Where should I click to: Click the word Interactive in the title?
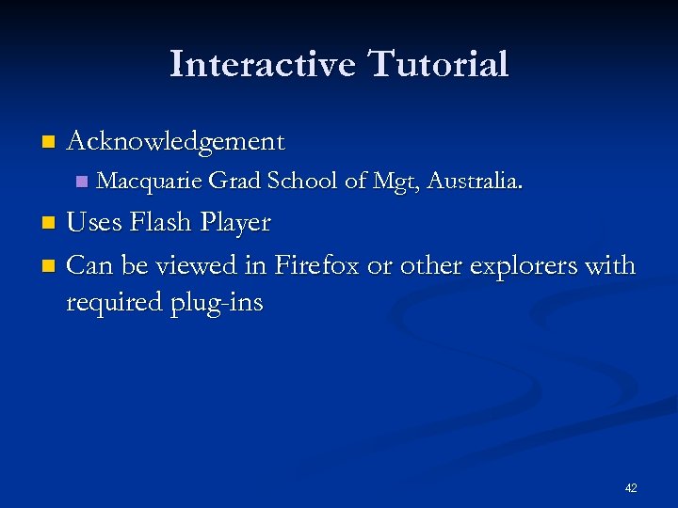tap(263, 64)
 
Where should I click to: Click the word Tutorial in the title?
tap(438, 64)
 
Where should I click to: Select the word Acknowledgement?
tap(175, 142)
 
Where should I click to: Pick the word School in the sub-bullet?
tap(302, 181)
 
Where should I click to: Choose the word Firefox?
tap(316, 266)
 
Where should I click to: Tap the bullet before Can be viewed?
tap(49, 266)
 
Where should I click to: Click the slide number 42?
tap(631, 488)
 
